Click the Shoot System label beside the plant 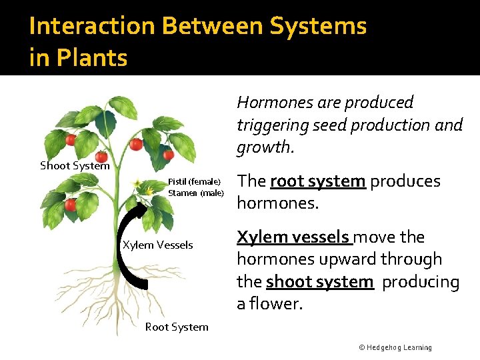pyautogui.click(x=75, y=165)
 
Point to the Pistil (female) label pyautogui.click(x=194, y=181)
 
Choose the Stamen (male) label pyautogui.click(x=196, y=193)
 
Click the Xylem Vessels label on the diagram pyautogui.click(x=157, y=245)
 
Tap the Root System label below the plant pyautogui.click(x=177, y=327)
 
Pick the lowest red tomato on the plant pyautogui.click(x=70, y=205)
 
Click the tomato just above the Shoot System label pyautogui.click(x=101, y=156)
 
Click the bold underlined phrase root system pyautogui.click(x=317, y=181)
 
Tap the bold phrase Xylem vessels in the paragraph pyautogui.click(x=294, y=237)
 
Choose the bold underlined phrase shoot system pyautogui.click(x=319, y=282)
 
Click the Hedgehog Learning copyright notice pyautogui.click(x=395, y=347)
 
